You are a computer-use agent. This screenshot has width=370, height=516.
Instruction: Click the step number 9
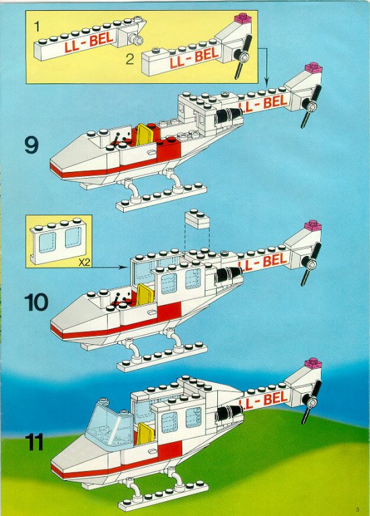(32, 145)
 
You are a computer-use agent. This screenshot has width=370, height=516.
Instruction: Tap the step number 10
(36, 302)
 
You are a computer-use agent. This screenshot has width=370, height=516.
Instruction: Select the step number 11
(34, 442)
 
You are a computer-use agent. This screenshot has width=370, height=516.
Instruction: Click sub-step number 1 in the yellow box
(36, 27)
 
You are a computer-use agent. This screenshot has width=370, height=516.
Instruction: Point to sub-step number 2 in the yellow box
(130, 59)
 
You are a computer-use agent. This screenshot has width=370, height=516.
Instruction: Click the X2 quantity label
(84, 262)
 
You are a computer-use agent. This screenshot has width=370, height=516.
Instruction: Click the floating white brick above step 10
(197, 220)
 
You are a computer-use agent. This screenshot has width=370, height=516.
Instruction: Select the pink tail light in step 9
(313, 67)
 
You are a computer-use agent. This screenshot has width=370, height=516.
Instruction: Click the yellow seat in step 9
(144, 134)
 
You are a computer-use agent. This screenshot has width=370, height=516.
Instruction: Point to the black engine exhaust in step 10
(228, 274)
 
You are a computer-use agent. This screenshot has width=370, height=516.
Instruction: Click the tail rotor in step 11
(311, 402)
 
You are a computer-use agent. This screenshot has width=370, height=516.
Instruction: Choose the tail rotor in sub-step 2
(243, 57)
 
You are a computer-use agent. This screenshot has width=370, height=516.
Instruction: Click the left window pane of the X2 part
(48, 243)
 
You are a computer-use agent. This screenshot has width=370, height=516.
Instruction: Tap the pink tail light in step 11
(313, 363)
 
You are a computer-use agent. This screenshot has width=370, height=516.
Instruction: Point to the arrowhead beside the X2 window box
(124, 267)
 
